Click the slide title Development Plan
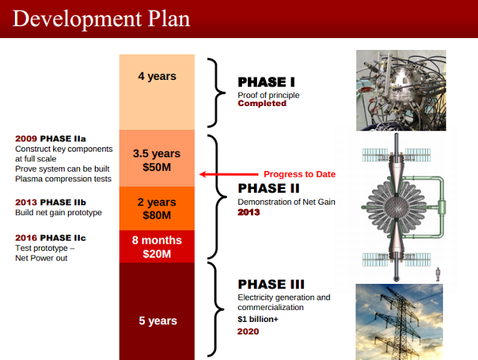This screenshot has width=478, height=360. (101, 18)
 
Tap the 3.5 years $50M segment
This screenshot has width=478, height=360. (157, 159)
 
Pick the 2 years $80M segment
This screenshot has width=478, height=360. (157, 208)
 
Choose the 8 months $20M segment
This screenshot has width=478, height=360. (157, 246)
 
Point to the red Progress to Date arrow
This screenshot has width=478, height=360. (224, 175)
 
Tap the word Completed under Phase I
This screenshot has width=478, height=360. (261, 104)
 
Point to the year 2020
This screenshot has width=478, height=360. (248, 331)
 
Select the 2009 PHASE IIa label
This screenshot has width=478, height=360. (50, 139)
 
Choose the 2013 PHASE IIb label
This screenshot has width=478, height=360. (51, 202)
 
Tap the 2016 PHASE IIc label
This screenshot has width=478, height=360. (50, 237)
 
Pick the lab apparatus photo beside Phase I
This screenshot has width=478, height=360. (400, 90)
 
